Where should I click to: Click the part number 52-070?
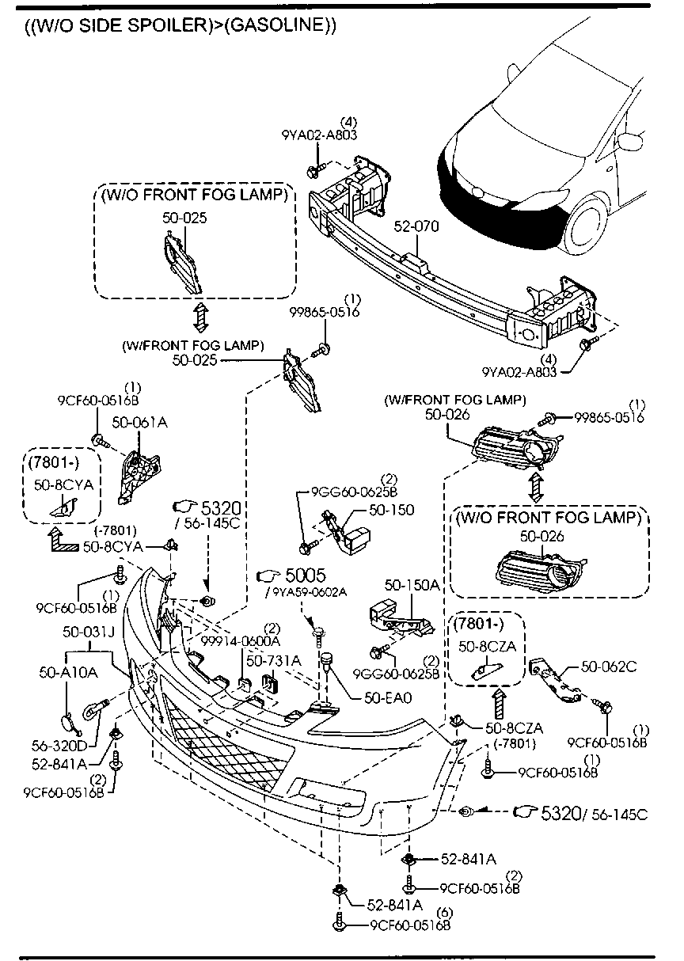[416, 226]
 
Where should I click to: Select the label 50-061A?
[139, 423]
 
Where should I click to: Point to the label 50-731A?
[273, 659]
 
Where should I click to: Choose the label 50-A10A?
[68, 673]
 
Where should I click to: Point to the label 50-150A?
[412, 585]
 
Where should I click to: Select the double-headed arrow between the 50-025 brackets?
[199, 317]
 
